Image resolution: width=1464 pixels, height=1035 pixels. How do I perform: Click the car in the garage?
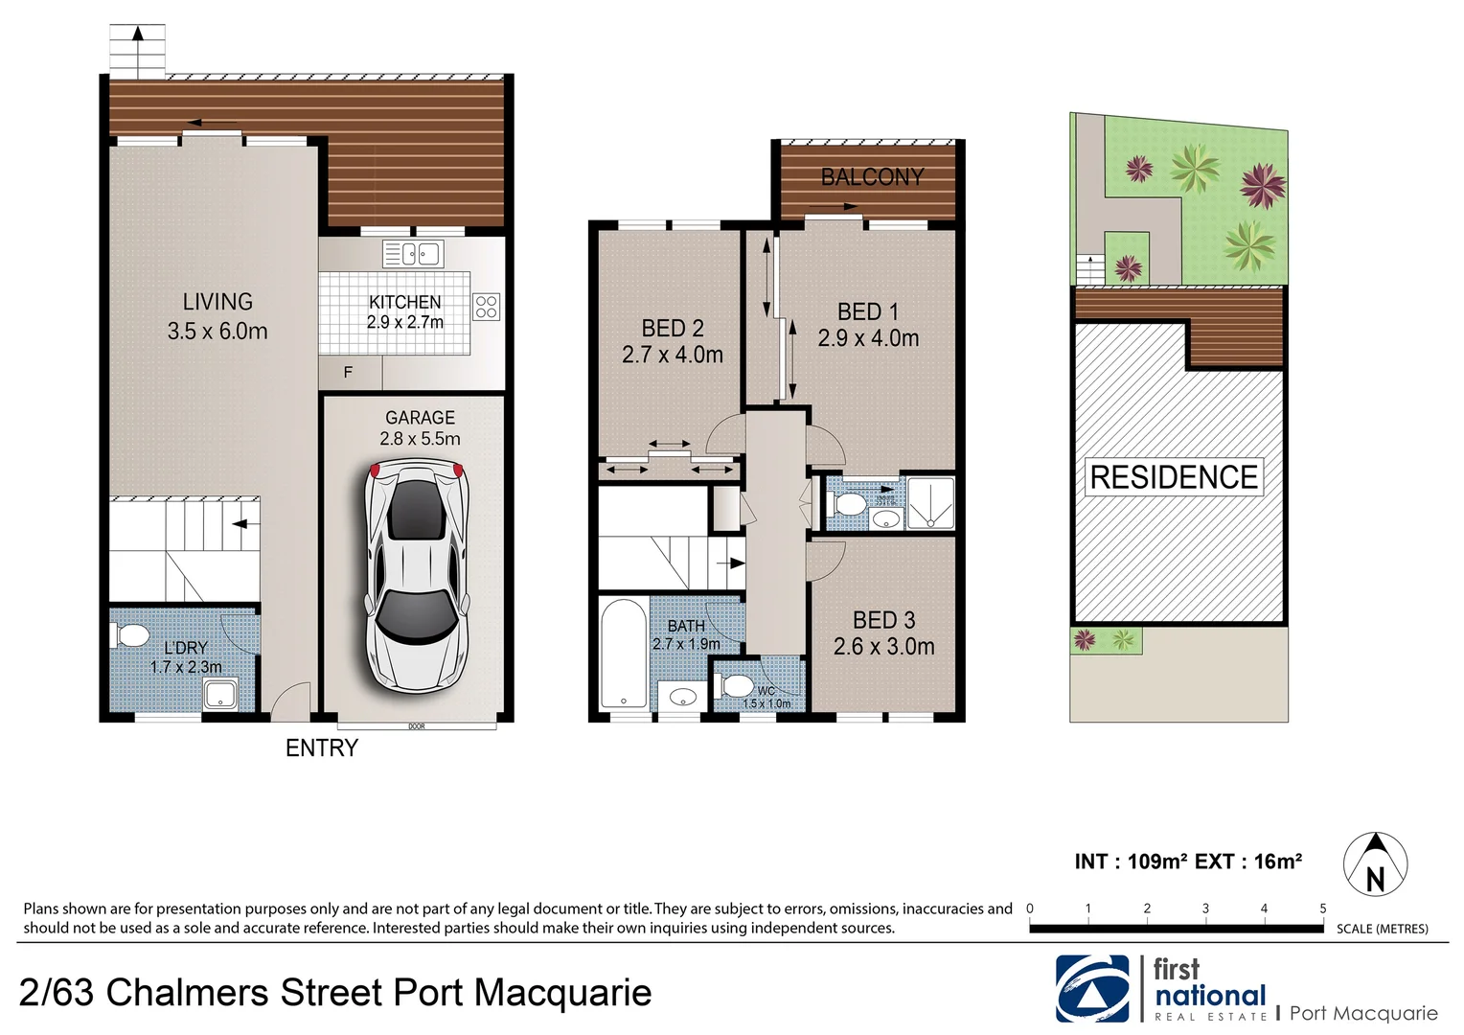pyautogui.click(x=416, y=574)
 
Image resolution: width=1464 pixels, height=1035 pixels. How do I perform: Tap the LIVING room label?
pyautogui.click(x=217, y=302)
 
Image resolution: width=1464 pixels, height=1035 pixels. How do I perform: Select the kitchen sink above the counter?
pyautogui.click(x=413, y=254)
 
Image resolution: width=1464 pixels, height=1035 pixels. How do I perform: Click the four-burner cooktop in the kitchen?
pyautogui.click(x=487, y=307)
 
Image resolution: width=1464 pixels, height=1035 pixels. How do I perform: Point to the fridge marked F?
pyautogui.click(x=349, y=372)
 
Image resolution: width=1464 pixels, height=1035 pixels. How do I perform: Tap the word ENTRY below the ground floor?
pyautogui.click(x=322, y=748)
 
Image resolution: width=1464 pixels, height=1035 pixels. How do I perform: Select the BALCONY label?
pyautogui.click(x=872, y=177)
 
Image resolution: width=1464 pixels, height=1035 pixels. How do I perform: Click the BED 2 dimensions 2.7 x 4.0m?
pyautogui.click(x=673, y=355)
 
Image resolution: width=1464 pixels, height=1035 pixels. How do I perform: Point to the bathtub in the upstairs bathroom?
pyautogui.click(x=623, y=655)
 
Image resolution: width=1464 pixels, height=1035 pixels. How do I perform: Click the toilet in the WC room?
pyautogui.click(x=736, y=686)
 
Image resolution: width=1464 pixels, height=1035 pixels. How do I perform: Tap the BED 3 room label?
pyautogui.click(x=883, y=621)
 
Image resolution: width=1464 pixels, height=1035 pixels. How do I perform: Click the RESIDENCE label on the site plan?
pyautogui.click(x=1174, y=477)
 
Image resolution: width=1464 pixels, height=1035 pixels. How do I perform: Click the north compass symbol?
pyautogui.click(x=1375, y=864)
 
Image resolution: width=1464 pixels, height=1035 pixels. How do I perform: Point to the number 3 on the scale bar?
pyautogui.click(x=1205, y=908)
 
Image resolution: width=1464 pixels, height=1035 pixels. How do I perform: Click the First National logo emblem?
pyautogui.click(x=1092, y=989)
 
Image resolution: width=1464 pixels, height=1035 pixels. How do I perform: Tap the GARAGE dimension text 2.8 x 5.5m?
pyautogui.click(x=420, y=439)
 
